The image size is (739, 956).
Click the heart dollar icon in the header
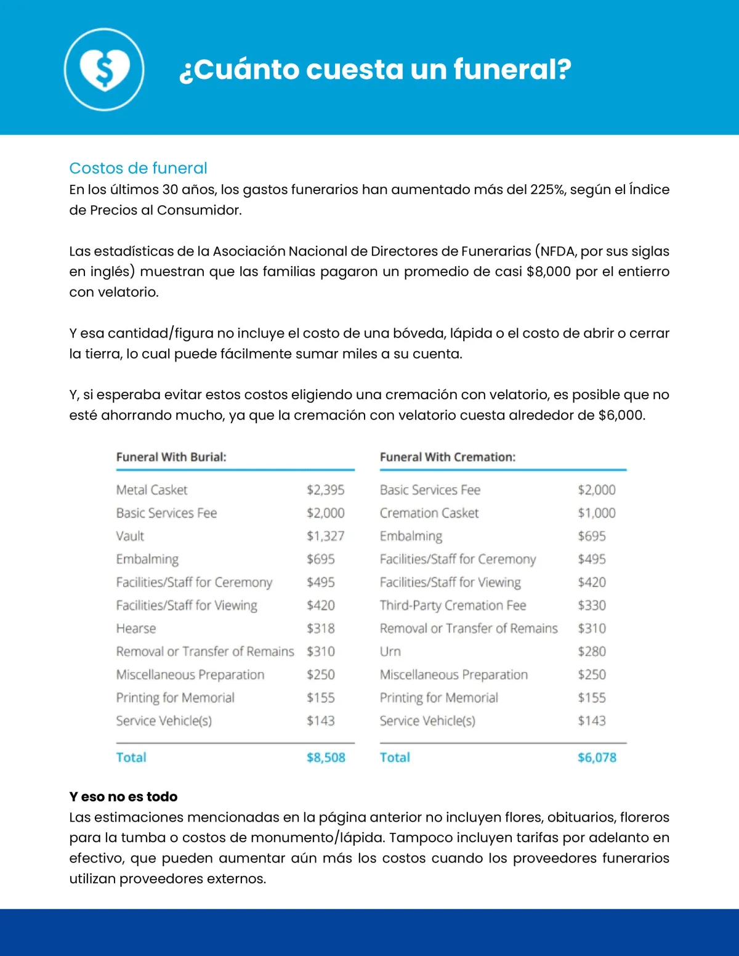point(104,69)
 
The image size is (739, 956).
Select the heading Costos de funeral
point(138,168)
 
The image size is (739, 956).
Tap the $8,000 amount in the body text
point(548,272)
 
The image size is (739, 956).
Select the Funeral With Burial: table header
point(171,457)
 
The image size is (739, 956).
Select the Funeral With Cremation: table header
point(448,457)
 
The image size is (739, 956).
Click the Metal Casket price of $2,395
point(326,490)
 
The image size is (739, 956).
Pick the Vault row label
point(130,536)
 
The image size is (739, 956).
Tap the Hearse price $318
point(321,628)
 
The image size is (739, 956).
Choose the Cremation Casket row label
point(429,513)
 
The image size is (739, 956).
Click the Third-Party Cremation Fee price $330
point(592,606)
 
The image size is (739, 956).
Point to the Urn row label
point(390,652)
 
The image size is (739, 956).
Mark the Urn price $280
point(592,652)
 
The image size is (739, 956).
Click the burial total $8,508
point(326,758)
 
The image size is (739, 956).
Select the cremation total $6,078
point(597,758)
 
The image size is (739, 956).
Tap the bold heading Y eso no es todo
point(123,796)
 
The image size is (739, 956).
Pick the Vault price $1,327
point(326,536)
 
